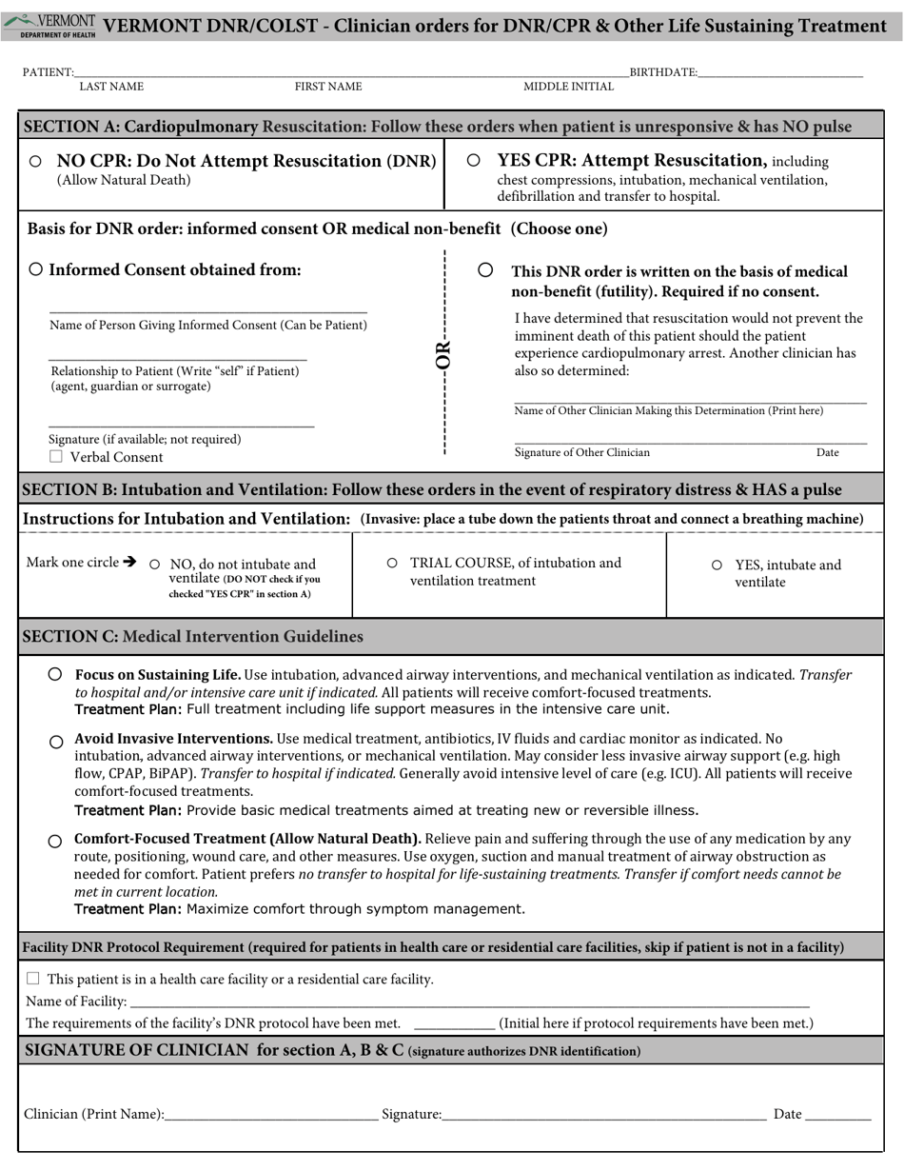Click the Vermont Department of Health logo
(x=49, y=26)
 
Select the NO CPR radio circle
(x=35, y=162)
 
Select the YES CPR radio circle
(x=474, y=161)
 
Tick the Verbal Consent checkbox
(x=56, y=456)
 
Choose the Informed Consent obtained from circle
(x=35, y=269)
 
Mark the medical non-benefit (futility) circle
(x=485, y=270)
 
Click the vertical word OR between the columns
(x=443, y=355)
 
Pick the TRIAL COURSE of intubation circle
(x=392, y=563)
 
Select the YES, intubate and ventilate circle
(x=717, y=565)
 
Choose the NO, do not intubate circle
(x=155, y=565)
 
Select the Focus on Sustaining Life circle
(x=55, y=674)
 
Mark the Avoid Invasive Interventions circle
(x=56, y=742)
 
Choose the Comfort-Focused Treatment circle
(x=55, y=842)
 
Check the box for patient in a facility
(x=33, y=978)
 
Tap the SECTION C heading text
(x=192, y=636)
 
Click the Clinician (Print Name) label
(x=93, y=1114)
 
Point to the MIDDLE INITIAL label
(x=568, y=87)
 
